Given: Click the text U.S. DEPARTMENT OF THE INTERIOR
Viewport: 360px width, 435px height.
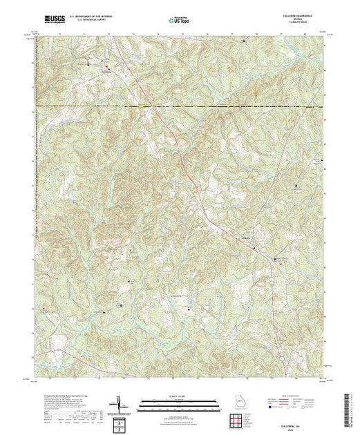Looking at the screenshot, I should pos(89,12).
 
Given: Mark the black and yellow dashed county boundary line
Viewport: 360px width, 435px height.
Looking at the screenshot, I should pos(179,106).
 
